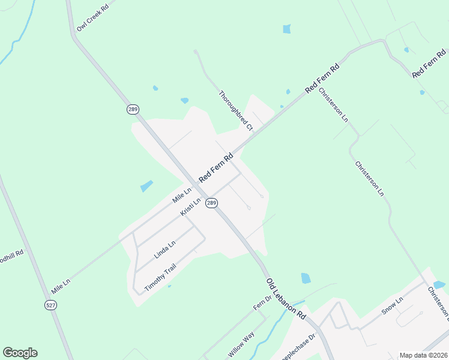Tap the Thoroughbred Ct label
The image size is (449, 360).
(236, 110)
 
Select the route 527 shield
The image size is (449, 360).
(51, 305)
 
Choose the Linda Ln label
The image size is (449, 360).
(164, 249)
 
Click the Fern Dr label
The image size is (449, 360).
(262, 301)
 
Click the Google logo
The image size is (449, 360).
(20, 353)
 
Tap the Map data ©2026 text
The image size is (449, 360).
(423, 355)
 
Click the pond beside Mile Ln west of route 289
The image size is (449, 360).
(146, 186)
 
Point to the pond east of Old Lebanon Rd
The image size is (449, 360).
(306, 278)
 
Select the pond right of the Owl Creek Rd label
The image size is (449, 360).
(286, 29)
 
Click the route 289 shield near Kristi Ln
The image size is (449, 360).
(211, 203)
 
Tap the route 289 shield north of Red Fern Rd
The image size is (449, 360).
(133, 109)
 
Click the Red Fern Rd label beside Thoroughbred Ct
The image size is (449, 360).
(215, 169)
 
